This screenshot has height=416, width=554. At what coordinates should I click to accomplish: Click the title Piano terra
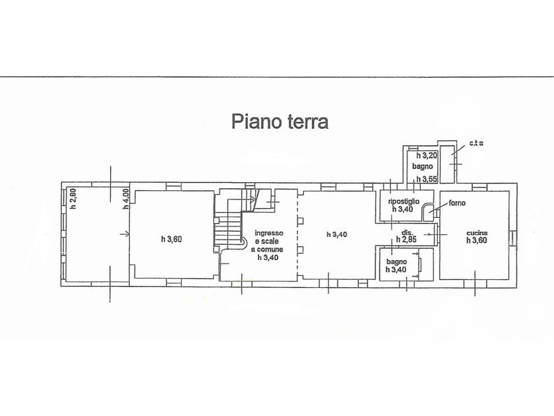click(280, 122)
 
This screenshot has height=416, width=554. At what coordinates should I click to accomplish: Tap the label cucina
click(477, 233)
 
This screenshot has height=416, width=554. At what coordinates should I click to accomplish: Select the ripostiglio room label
click(404, 201)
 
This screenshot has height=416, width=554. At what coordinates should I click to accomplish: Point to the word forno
click(457, 203)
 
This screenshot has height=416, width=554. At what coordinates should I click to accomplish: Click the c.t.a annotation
click(476, 143)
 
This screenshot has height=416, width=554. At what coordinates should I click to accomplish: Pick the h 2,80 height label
click(73, 199)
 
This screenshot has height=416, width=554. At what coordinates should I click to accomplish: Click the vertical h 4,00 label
click(126, 199)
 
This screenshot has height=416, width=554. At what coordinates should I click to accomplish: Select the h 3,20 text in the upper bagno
click(427, 155)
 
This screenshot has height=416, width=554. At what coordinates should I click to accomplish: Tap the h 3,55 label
click(427, 179)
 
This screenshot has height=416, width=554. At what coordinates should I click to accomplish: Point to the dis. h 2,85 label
click(407, 236)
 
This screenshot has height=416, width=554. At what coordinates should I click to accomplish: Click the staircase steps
click(228, 232)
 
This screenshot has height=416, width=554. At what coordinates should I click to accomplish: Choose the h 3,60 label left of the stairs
click(171, 240)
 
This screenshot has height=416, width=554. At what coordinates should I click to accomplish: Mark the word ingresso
click(269, 233)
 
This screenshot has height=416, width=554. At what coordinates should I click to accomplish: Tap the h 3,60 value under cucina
click(477, 240)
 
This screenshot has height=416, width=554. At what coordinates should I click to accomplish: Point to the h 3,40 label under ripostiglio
click(403, 209)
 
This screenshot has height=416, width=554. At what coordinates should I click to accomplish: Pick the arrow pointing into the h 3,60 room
click(125, 234)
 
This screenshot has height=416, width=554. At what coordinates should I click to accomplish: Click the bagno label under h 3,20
click(423, 166)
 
